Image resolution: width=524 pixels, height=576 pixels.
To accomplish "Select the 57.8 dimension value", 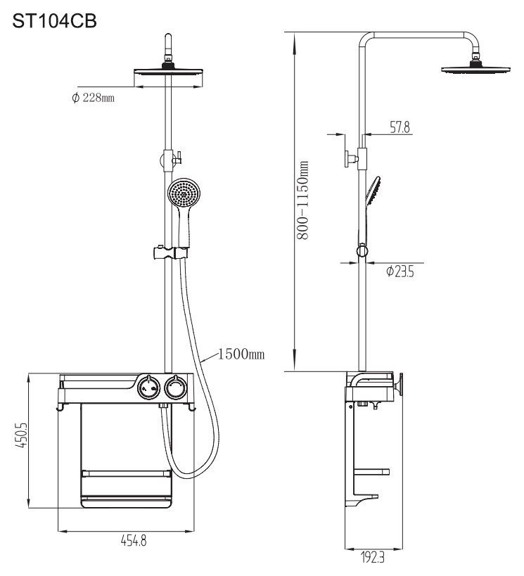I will (399, 127).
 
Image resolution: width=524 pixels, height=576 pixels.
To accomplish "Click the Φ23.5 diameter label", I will (400, 271).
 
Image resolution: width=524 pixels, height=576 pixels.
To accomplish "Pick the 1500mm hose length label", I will (241, 353).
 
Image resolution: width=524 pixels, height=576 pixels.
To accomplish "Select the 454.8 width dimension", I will (127, 542).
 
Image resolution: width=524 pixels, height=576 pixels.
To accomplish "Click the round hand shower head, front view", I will (184, 192).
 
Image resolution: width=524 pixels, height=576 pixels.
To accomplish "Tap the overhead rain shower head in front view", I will (167, 72).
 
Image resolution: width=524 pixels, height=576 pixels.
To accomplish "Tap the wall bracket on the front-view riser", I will (169, 157).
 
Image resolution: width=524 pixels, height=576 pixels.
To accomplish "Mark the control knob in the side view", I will (402, 386).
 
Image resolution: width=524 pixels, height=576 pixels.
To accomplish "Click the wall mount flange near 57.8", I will (350, 158).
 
